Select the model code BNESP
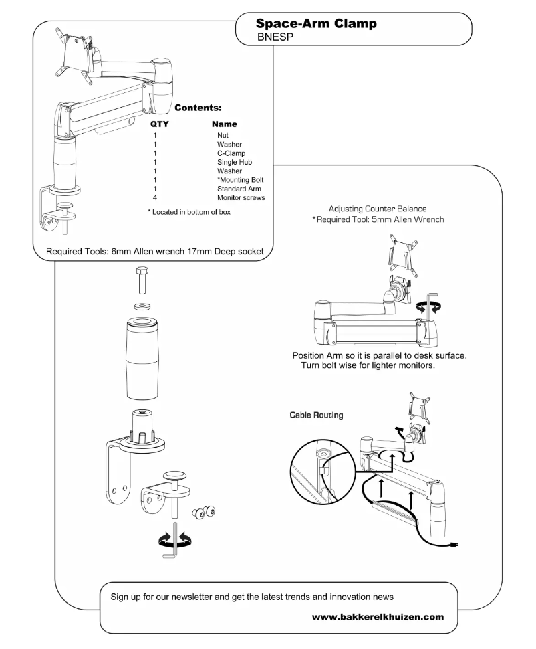[x=276, y=38]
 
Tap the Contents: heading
[x=198, y=107]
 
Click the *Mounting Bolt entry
[x=239, y=180]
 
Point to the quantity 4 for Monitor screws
[x=154, y=198]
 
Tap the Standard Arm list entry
[x=238, y=189]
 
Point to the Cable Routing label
[x=316, y=415]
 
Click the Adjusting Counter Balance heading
[x=377, y=209]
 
